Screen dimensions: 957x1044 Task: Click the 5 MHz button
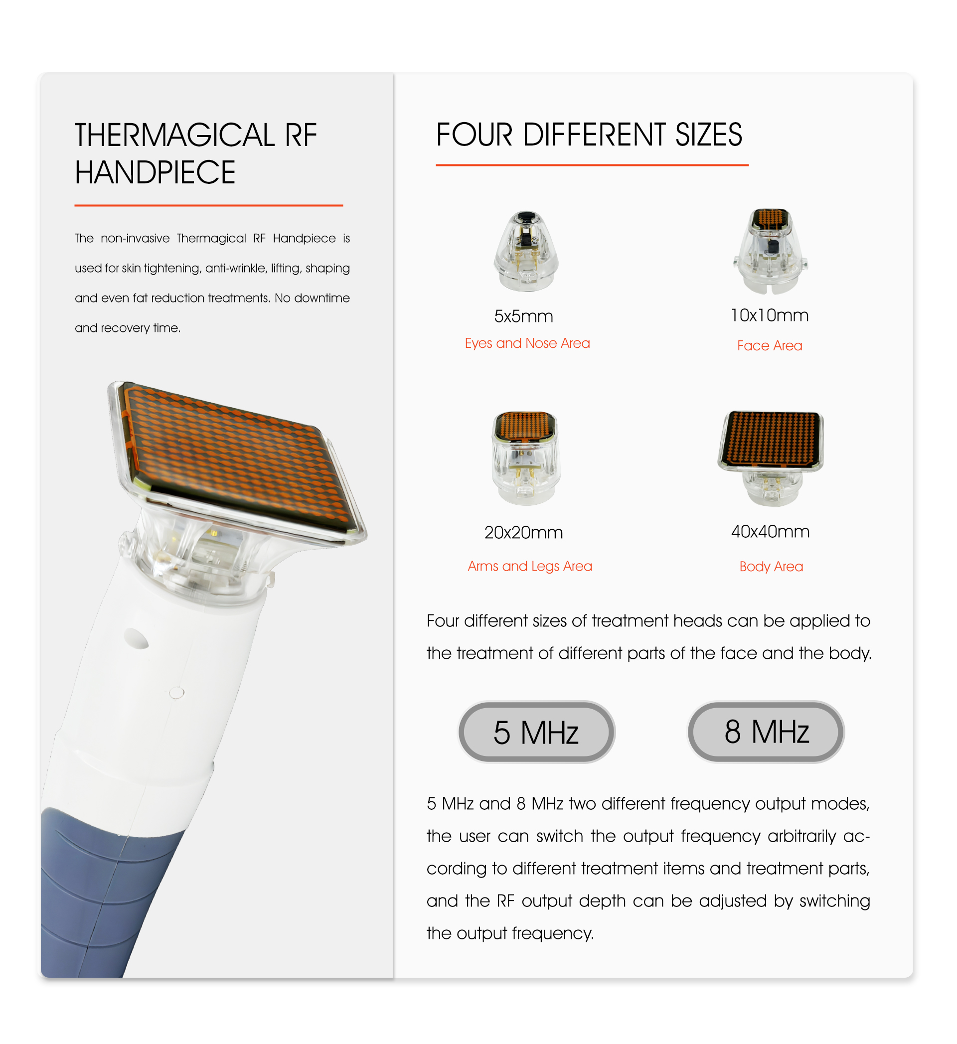click(x=536, y=732)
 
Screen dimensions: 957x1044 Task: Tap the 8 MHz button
click(x=766, y=732)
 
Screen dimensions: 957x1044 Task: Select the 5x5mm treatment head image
click(x=526, y=251)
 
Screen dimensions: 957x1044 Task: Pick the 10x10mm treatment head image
click(x=771, y=251)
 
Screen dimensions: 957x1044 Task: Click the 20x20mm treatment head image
click(x=526, y=458)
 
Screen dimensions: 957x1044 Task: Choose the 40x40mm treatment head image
click(x=771, y=458)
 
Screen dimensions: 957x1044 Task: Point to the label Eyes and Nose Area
click(x=527, y=343)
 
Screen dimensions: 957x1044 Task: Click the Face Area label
click(x=770, y=345)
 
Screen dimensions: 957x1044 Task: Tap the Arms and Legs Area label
click(x=530, y=567)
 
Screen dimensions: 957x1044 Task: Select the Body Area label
click(x=771, y=567)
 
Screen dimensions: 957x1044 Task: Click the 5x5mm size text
click(x=523, y=316)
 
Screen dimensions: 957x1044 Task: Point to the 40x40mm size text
click(x=770, y=531)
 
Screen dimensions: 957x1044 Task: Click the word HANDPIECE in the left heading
click(x=155, y=172)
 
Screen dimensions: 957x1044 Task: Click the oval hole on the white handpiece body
click(x=136, y=638)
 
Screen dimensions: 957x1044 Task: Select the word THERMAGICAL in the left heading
click(x=174, y=135)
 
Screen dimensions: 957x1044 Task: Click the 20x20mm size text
click(x=523, y=532)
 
